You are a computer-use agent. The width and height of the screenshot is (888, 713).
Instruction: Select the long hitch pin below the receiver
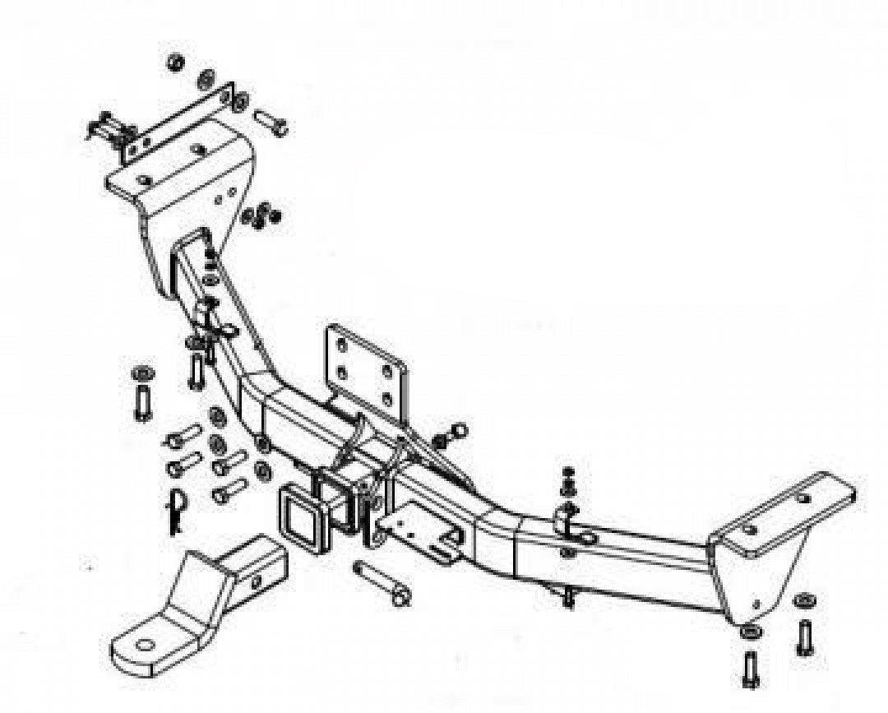381,582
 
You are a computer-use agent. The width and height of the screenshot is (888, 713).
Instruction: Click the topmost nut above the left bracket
174,63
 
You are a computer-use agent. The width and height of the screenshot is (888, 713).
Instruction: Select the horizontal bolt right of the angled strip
271,123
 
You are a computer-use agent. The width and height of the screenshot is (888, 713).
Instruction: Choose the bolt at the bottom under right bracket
751,667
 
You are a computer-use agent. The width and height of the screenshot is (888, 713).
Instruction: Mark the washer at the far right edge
805,600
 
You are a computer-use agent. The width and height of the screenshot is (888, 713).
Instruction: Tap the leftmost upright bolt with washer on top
141,394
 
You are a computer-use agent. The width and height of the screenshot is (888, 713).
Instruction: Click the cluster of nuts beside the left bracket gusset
260,217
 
